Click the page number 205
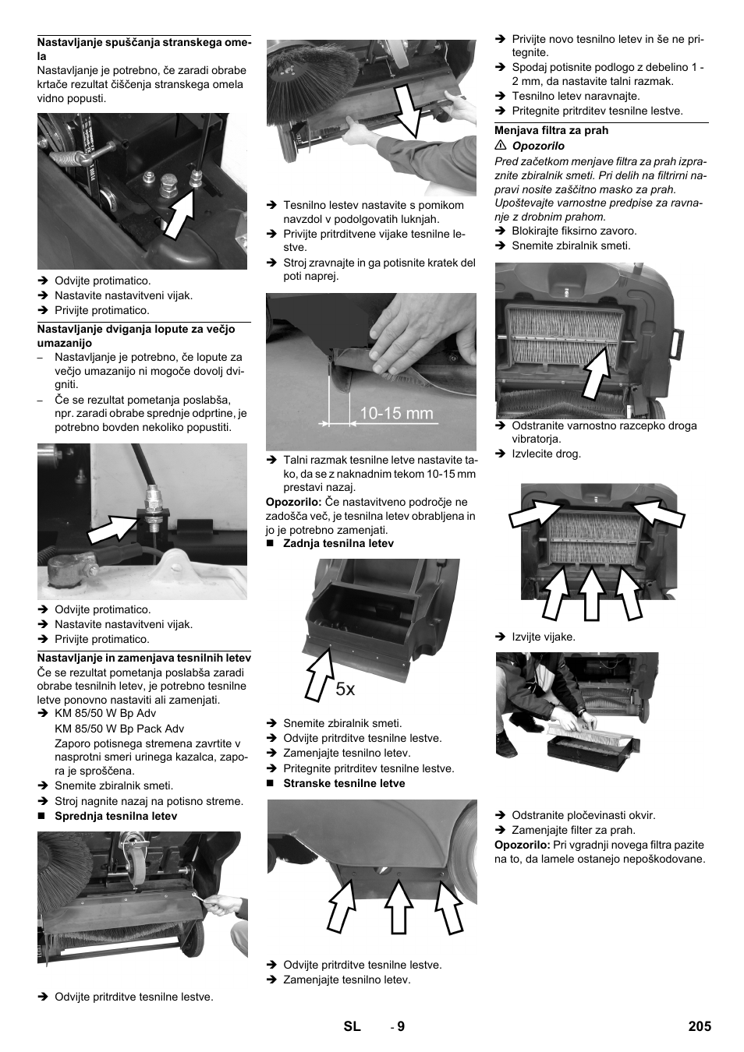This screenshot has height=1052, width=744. pos(700,1026)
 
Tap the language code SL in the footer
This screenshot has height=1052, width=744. pos(352,1026)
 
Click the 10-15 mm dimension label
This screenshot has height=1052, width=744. pos(396,414)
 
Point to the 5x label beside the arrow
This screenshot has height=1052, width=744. pos(345,689)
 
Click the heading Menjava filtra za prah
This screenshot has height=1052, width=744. pos(551,131)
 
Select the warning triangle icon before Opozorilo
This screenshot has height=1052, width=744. pos(501,146)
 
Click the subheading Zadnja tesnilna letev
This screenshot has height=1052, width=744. pos(338,544)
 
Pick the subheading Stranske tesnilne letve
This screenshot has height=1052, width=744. pos(344,784)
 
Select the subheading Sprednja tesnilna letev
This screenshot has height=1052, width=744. pos(115,817)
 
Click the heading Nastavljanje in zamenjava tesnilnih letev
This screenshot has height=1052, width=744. pos(144,658)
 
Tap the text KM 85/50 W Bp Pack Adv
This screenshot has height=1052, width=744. pos(119,729)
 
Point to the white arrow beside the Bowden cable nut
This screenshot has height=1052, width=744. pos(111,528)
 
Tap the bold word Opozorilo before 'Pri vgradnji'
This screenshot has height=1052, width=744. pos(522,845)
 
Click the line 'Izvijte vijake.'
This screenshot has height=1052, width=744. pos(543,637)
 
